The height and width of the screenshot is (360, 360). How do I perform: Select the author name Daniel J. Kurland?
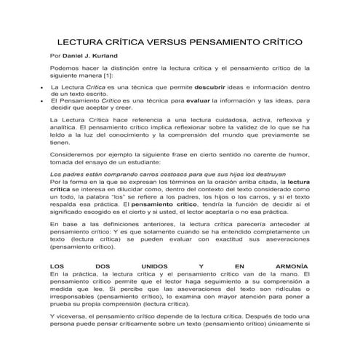[x=95, y=56]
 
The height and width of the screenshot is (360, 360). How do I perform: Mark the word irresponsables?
[x=75, y=298]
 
